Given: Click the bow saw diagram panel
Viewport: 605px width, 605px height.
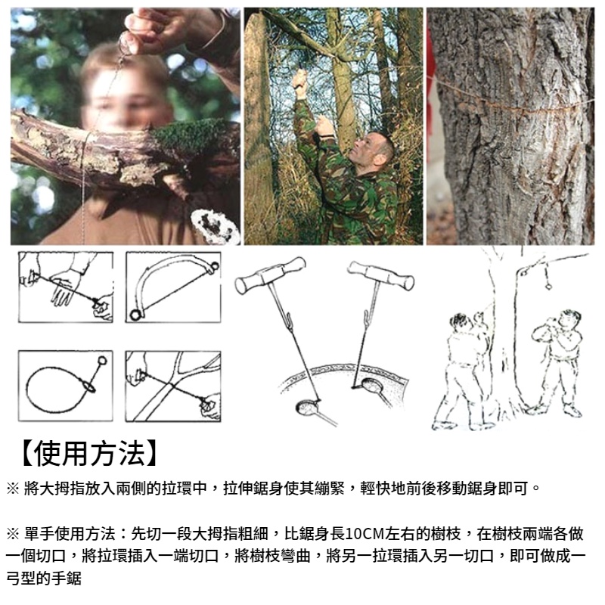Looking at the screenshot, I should click(x=173, y=287).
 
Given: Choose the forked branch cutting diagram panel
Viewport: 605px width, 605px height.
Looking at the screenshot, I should click(x=173, y=385).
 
